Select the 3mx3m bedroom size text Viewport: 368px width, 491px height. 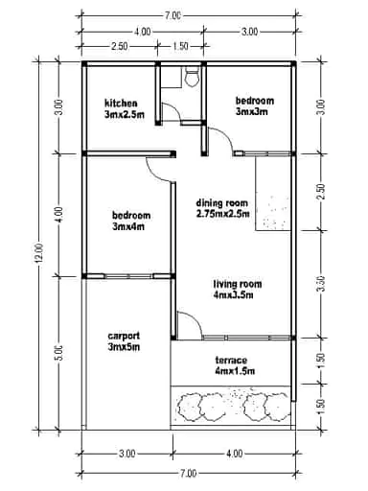pyautogui.click(x=251, y=111)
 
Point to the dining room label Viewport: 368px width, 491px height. pyautogui.click(x=222, y=202)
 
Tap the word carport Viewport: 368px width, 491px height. pyautogui.click(x=125, y=336)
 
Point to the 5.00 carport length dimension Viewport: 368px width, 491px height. pyautogui.click(x=59, y=353)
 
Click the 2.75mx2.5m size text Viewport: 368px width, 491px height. pyautogui.click(x=222, y=214)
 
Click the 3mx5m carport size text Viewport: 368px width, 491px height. pyautogui.click(x=125, y=347)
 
